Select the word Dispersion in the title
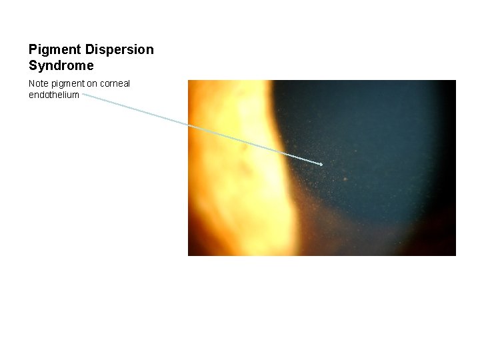pyautogui.click(x=119, y=50)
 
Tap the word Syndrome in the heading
pyautogui.click(x=61, y=66)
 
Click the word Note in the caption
pyautogui.click(x=39, y=83)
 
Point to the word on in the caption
pyautogui.click(x=92, y=83)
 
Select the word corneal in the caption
pyautogui.click(x=115, y=83)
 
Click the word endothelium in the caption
pyautogui.click(x=53, y=95)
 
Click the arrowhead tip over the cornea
pyautogui.click(x=323, y=164)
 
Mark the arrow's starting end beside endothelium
pyautogui.click(x=83, y=95)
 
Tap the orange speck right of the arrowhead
pyautogui.click(x=345, y=179)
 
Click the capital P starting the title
pyautogui.click(x=33, y=50)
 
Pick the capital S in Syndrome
pyautogui.click(x=33, y=66)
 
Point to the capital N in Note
pyautogui.click(x=31, y=83)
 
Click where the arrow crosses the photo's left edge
pyautogui.click(x=188, y=125)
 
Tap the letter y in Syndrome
pyautogui.click(x=41, y=67)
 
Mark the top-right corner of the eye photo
pyautogui.click(x=455, y=81)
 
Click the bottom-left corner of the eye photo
pyautogui.click(x=188, y=255)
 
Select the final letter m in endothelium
pyautogui.click(x=76, y=95)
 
